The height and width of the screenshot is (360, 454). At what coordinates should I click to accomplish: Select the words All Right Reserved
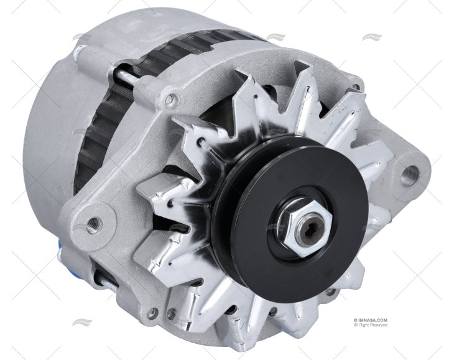click(x=370, y=325)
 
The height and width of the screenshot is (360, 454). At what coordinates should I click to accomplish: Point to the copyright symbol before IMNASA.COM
click(x=354, y=320)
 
